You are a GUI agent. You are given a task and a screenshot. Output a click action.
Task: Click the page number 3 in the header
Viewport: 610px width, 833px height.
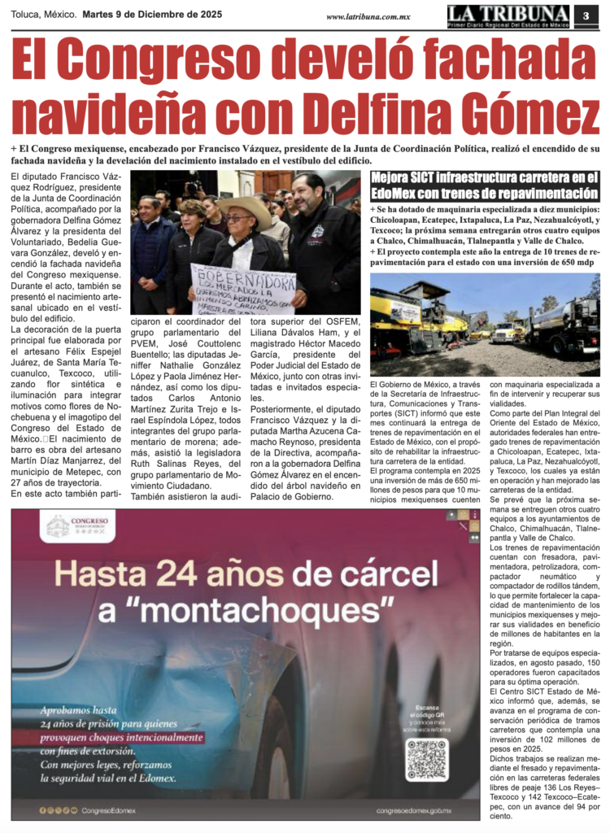pos(586,15)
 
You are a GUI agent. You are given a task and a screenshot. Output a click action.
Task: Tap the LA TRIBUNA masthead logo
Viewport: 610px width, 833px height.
pos(508,15)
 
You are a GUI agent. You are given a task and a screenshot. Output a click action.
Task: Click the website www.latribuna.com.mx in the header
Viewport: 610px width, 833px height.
pos(368,16)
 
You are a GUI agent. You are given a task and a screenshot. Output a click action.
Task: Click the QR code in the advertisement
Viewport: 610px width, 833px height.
pos(426,759)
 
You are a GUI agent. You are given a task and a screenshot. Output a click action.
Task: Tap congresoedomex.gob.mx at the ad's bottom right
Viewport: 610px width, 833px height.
pos(414,811)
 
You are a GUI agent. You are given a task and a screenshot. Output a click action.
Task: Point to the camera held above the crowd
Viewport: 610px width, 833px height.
pos(194,187)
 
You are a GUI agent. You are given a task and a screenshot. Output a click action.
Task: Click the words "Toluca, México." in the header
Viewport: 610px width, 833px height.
pos(44,15)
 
